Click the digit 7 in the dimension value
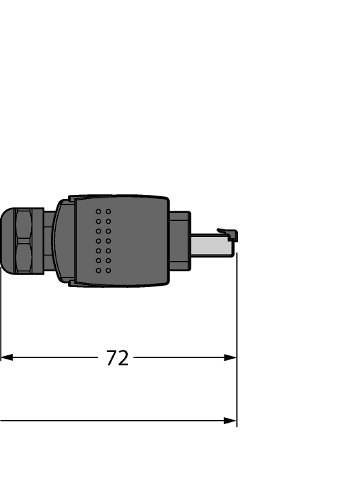click(112, 358)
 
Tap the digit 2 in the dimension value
click(123, 358)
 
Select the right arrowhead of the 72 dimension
click(231, 357)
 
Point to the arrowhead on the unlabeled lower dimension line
click(231, 420)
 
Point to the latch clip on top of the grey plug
click(227, 233)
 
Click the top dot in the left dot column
click(98, 211)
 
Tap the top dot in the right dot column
click(109, 211)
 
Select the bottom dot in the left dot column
click(98, 271)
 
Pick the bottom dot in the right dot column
click(109, 271)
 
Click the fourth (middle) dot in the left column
click(98, 241)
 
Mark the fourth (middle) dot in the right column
click(109, 241)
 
